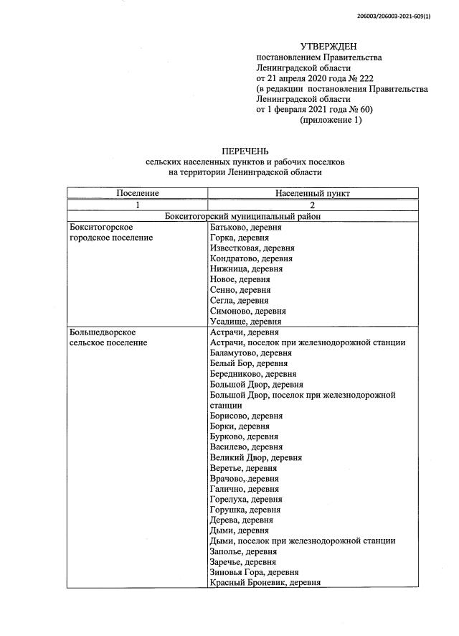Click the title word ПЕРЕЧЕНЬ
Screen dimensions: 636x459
(245, 151)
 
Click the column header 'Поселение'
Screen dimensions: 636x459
(137, 194)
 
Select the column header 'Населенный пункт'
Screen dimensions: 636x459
(313, 194)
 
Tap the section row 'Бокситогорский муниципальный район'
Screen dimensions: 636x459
(242, 215)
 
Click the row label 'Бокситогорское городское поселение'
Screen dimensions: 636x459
(111, 232)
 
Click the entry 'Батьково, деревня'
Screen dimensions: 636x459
(246, 228)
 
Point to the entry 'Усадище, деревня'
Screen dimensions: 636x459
(245, 322)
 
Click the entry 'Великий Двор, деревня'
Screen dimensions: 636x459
(255, 457)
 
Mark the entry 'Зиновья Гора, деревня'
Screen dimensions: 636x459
(254, 572)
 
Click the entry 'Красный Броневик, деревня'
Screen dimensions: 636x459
(265, 583)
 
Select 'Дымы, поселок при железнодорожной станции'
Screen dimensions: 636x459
(303, 541)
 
